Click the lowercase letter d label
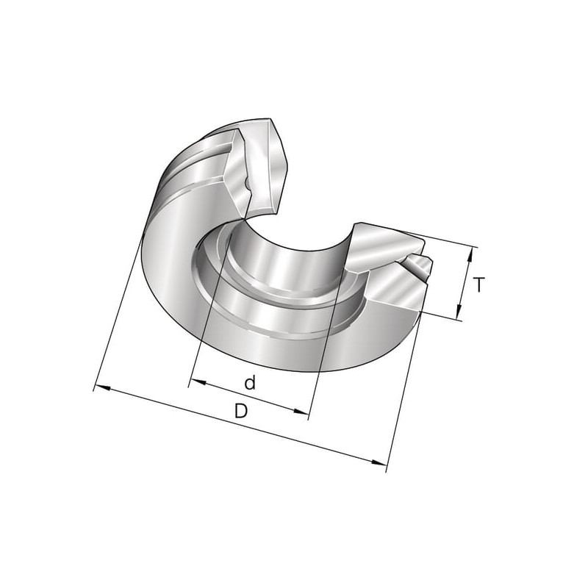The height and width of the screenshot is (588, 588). [x=250, y=383]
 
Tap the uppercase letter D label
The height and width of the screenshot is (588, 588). [x=241, y=411]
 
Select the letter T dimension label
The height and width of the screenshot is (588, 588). [x=478, y=284]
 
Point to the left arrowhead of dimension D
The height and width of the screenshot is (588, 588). [x=103, y=387]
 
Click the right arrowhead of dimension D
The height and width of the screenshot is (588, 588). [x=379, y=462]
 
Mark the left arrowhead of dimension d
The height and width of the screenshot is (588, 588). [x=198, y=381]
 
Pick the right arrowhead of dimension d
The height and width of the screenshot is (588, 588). [x=301, y=412]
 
